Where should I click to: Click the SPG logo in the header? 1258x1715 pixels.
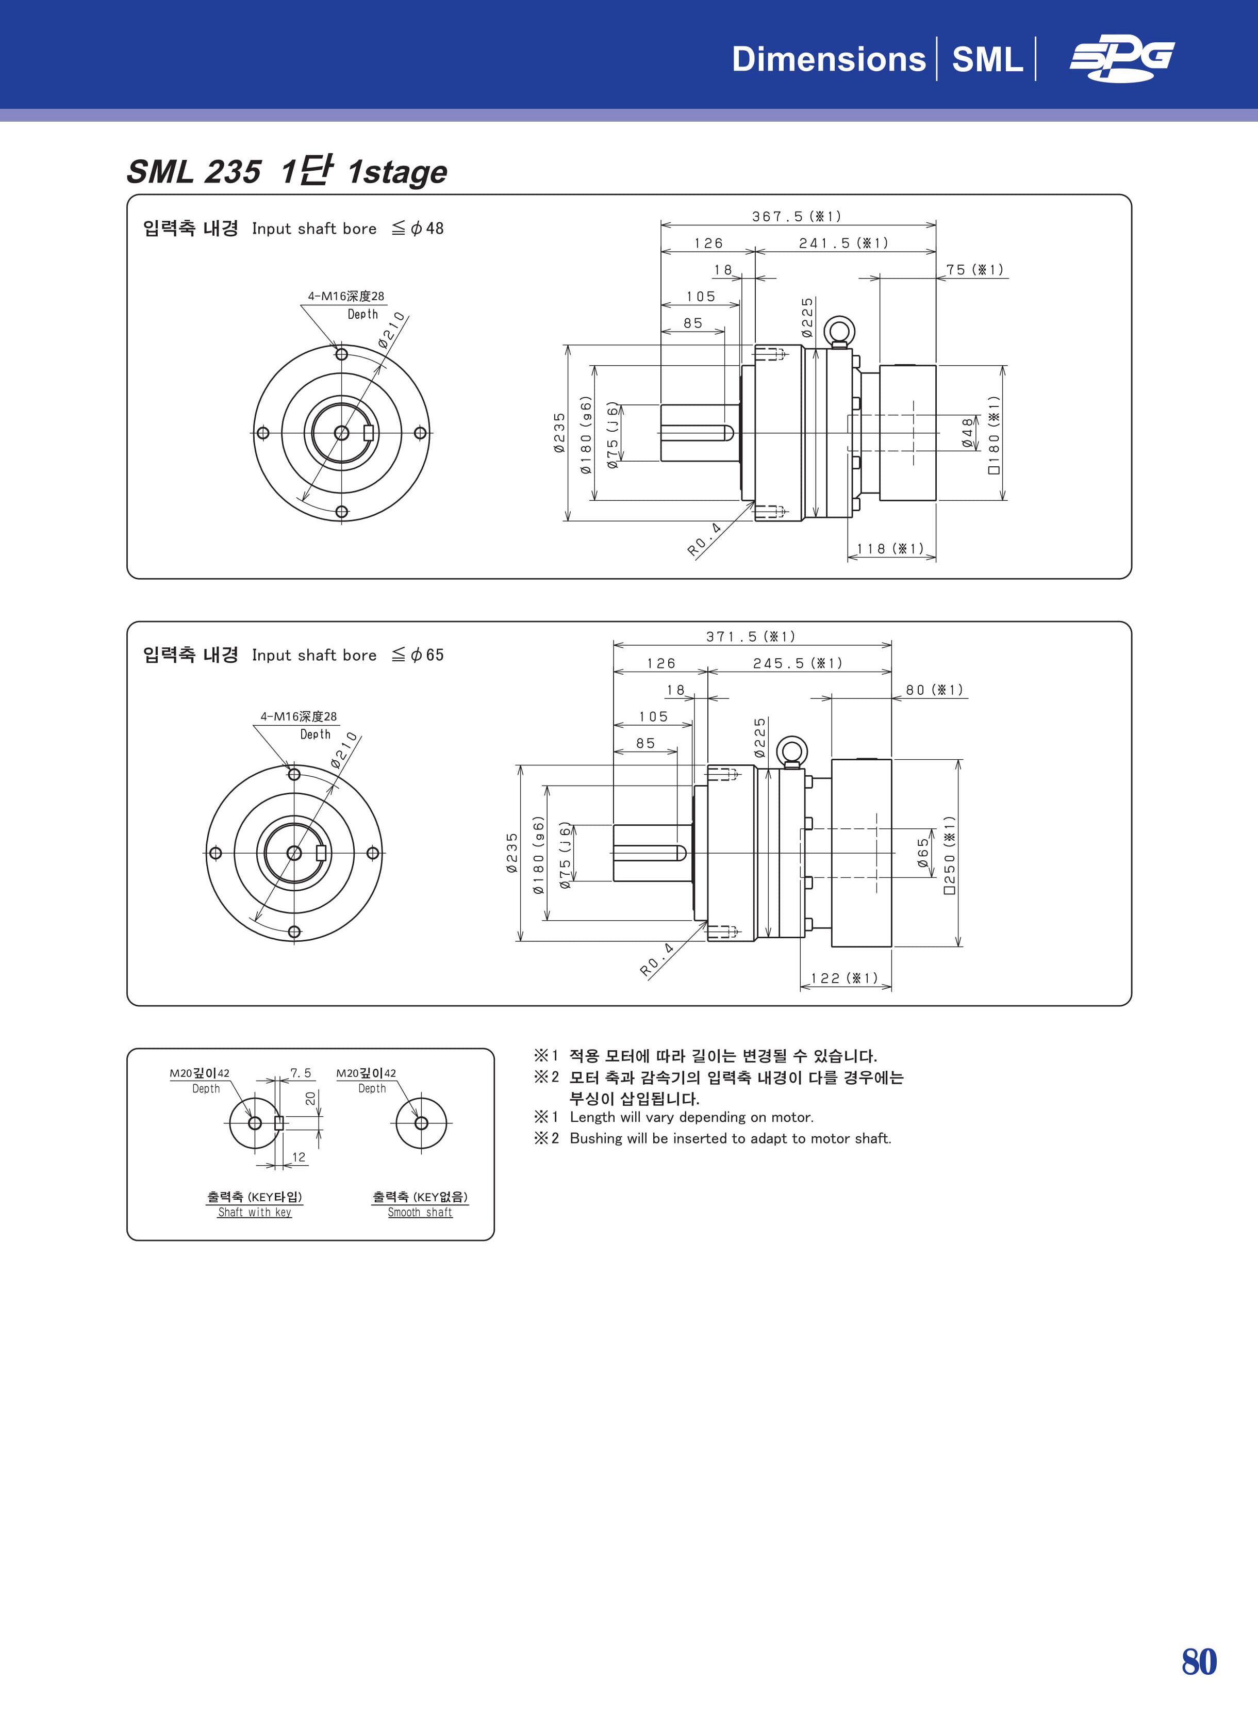[1122, 59]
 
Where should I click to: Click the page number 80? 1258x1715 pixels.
[1199, 1662]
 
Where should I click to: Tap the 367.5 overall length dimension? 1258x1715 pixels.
[797, 217]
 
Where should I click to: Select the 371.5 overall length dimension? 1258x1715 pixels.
[751, 636]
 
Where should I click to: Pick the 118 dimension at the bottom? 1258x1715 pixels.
[890, 549]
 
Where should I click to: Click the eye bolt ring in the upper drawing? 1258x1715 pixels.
[840, 330]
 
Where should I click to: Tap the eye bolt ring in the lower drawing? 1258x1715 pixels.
[792, 750]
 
